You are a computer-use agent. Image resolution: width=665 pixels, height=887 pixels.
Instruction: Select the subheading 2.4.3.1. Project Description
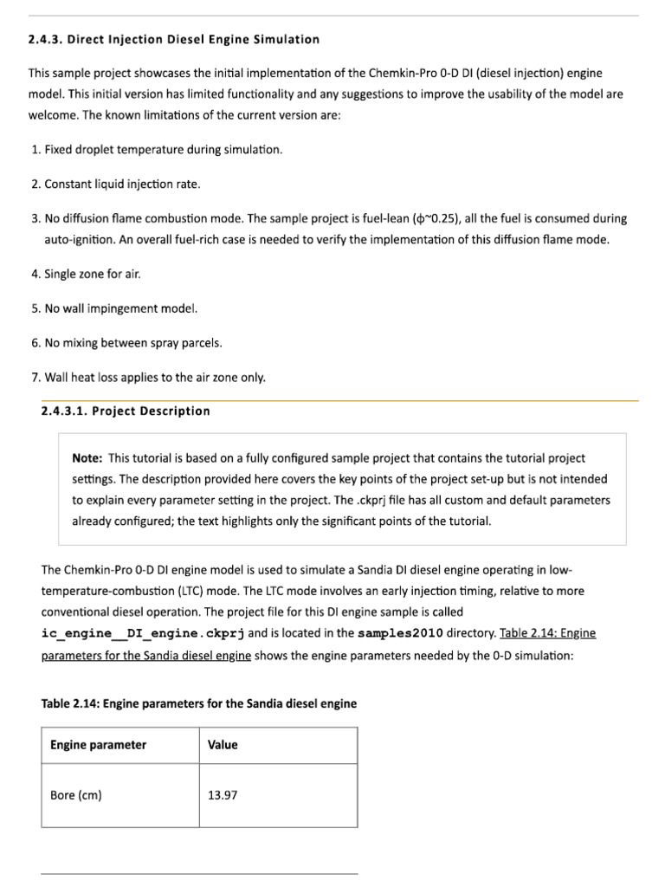click(126, 411)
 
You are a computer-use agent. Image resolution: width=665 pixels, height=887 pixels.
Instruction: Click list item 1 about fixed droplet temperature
click(156, 150)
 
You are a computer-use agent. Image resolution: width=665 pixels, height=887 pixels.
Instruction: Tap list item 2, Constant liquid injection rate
click(115, 185)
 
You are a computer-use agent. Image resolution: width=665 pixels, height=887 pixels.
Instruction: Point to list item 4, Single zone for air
click(85, 274)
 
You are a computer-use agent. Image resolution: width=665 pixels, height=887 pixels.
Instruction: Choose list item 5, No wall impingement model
click(113, 308)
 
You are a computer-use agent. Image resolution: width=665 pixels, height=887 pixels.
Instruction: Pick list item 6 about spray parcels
click(126, 343)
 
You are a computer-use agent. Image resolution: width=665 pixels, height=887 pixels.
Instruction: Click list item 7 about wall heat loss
click(147, 378)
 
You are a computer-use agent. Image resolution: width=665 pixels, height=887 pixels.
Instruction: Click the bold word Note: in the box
click(87, 457)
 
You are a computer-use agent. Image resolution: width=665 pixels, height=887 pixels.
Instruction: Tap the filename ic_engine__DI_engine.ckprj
click(144, 633)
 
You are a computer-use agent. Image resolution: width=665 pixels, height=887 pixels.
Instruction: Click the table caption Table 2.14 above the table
click(198, 703)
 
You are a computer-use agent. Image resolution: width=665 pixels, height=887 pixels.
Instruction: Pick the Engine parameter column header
click(98, 745)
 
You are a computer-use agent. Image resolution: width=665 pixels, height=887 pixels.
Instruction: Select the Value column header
click(223, 745)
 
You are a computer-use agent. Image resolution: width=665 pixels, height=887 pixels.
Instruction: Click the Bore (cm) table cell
click(76, 794)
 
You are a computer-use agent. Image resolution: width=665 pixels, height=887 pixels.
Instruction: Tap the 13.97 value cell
click(223, 794)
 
